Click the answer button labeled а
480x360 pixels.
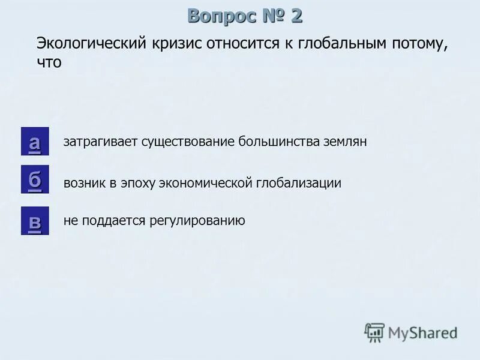tap(35, 142)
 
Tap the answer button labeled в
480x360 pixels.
tap(35, 220)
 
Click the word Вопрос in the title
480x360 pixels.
tap(220, 16)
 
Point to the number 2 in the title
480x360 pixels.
tap(296, 16)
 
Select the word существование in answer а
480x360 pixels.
tap(188, 142)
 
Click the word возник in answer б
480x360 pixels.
tap(84, 183)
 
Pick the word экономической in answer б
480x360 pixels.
tap(204, 183)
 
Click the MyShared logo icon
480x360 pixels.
tap(375, 332)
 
